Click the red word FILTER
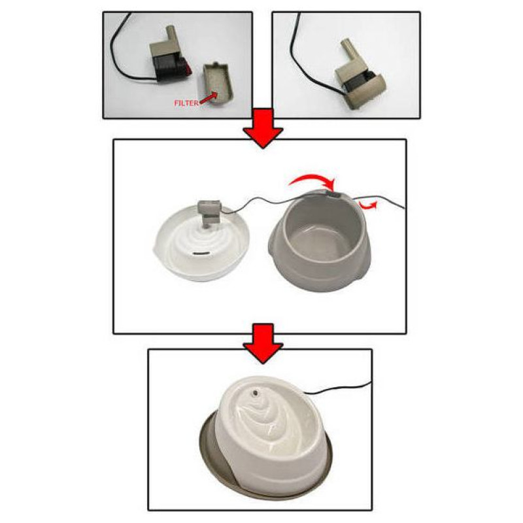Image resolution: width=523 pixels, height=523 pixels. pos(186,103)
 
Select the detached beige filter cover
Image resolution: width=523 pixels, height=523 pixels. pos(218,84)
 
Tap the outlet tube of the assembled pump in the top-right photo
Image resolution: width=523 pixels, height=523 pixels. pos(347,53)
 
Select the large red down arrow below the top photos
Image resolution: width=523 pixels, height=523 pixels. pos(263,127)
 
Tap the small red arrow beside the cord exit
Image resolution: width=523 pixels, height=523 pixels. pos(369,205)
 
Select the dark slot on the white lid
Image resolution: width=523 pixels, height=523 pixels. pos(202,254)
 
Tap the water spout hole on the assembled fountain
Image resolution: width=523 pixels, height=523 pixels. pos(255,394)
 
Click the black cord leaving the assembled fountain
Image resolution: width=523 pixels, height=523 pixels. pos(337,389)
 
